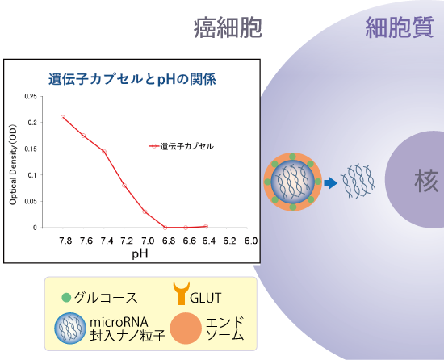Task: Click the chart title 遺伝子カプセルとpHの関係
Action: coord(132,79)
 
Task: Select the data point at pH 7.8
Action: coord(63,117)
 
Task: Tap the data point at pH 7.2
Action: coord(124,186)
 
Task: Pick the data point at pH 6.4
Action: coord(206,227)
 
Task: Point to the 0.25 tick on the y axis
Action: coord(31,97)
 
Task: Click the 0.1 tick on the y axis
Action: coord(32,175)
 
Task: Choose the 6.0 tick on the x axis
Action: coord(251,241)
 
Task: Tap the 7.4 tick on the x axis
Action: coord(107,241)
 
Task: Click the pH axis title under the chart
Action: coord(140,254)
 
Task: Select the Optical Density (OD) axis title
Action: coord(13,165)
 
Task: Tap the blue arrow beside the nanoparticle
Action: coord(331,183)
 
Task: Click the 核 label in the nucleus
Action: coord(426,180)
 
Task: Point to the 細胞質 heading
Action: coord(400,27)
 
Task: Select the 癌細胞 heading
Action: coord(228,27)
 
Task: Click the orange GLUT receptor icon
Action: coord(182,293)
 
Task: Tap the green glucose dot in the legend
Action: coord(66,298)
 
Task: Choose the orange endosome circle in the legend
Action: coord(186,329)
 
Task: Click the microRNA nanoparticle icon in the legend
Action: coord(70,329)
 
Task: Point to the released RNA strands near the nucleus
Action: coord(358,181)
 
